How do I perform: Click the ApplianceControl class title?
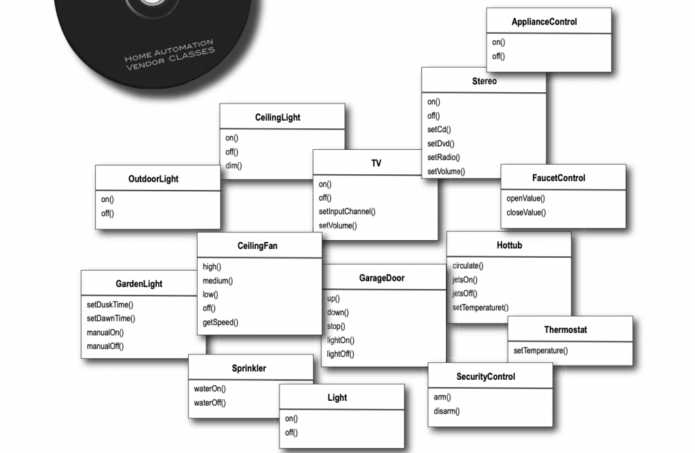[544, 22]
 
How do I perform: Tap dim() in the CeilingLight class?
[233, 165]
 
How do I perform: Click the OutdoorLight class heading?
[153, 179]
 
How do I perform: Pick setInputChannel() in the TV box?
[347, 212]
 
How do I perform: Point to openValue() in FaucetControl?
[525, 199]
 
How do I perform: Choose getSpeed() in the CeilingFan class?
[221, 322]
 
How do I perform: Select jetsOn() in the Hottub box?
[465, 279]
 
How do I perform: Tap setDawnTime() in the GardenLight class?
[111, 319]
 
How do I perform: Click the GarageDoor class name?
[381, 278]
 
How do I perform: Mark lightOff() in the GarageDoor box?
[341, 354]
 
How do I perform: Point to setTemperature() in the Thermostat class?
[540, 351]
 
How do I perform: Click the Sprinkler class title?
[249, 368]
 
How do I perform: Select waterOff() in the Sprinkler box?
[210, 403]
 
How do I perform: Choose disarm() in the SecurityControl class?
[447, 411]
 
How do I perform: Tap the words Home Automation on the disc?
[169, 52]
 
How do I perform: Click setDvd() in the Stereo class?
[440, 144]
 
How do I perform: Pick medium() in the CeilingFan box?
[218, 281]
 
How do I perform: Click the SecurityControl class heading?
[486, 376]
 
